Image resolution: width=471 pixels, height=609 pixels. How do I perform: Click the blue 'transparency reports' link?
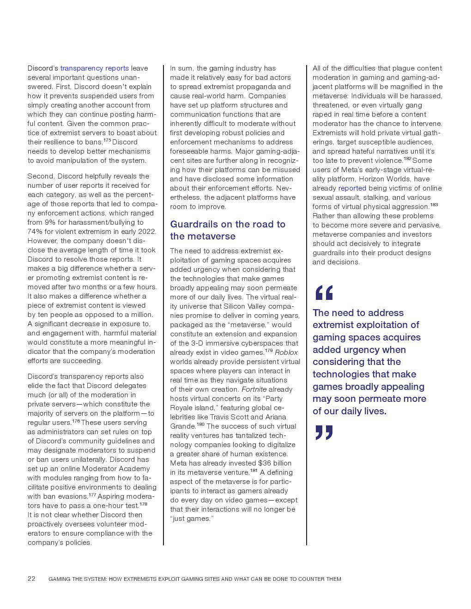pyautogui.click(x=94, y=68)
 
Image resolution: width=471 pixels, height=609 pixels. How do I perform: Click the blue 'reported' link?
pyautogui.click(x=352, y=188)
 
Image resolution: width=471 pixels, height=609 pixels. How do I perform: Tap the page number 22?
pyautogui.click(x=31, y=579)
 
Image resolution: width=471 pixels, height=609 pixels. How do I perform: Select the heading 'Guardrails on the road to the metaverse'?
pyautogui.click(x=228, y=230)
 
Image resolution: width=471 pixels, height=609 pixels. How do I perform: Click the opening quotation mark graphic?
pyautogui.click(x=324, y=293)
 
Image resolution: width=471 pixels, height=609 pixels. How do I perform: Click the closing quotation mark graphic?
pyautogui.click(x=324, y=432)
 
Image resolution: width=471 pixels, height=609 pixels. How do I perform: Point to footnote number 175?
pyautogui.click(x=107, y=140)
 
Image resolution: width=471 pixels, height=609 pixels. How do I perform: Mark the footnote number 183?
pyautogui.click(x=434, y=204)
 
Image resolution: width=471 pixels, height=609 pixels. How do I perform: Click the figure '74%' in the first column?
pyautogui.click(x=36, y=232)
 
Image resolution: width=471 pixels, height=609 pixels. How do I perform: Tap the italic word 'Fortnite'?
pyautogui.click(x=254, y=389)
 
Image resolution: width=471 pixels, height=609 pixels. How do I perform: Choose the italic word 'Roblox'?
pyautogui.click(x=286, y=352)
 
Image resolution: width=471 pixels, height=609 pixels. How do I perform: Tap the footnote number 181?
pyautogui.click(x=254, y=470)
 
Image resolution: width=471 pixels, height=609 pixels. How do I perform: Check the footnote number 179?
pyautogui.click(x=269, y=350)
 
